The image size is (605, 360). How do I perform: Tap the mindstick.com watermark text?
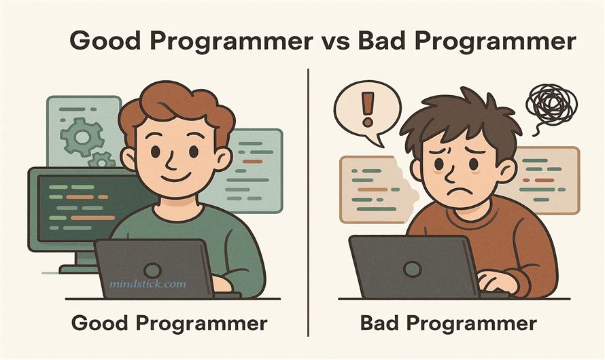pos(147,283)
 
